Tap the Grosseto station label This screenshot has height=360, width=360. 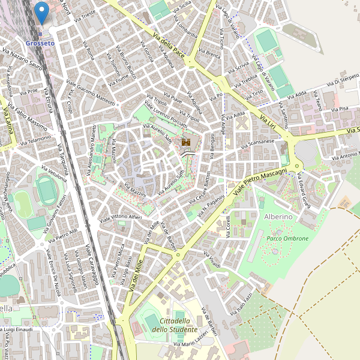point(40,44)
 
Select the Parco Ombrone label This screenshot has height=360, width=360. point(287,238)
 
